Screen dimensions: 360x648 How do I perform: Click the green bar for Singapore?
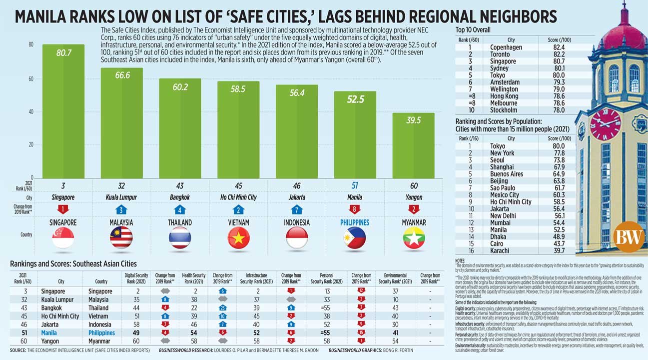[x=63, y=115]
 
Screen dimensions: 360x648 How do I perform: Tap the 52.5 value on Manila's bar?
[x=355, y=99]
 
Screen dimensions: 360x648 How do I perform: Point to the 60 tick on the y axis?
[x=30, y=79]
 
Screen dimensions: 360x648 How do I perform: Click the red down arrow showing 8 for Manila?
[x=355, y=209]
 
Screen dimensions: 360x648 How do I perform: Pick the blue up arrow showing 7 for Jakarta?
[x=297, y=209]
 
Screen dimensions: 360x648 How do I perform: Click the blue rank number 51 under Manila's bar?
[x=355, y=185]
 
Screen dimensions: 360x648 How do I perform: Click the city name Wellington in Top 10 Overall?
[x=504, y=89]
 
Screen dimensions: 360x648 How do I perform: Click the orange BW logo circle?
[x=628, y=236]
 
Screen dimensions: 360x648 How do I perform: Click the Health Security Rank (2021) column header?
[x=192, y=278]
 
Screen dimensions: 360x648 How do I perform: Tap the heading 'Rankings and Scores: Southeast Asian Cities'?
[x=73, y=263]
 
